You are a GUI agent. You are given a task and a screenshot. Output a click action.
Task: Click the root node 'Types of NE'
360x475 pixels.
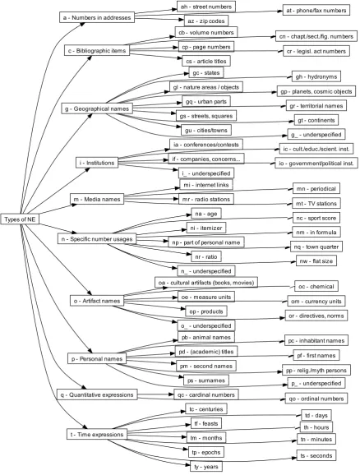pyautogui.click(x=20, y=219)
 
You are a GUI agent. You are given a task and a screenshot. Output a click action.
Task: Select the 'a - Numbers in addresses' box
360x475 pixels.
pyautogui.click(x=97, y=17)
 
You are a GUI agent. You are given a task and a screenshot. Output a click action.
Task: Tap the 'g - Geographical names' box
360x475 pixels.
pyautogui.click(x=97, y=108)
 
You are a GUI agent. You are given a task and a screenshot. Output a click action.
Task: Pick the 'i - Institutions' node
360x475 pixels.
pyautogui.click(x=97, y=163)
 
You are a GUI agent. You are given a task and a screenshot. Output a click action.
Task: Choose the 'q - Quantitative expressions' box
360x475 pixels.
pyautogui.click(x=97, y=394)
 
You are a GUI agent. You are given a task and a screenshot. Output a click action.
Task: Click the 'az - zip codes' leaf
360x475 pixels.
pyautogui.click(x=206, y=21)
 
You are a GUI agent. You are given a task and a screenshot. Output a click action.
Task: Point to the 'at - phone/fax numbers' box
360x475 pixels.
pyautogui.click(x=316, y=11)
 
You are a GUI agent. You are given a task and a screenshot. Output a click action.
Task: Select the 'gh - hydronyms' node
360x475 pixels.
pyautogui.click(x=316, y=76)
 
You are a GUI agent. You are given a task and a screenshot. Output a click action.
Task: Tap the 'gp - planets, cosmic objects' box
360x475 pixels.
pyautogui.click(x=316, y=91)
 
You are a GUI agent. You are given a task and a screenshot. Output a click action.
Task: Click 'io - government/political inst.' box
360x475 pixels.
pyautogui.click(x=316, y=164)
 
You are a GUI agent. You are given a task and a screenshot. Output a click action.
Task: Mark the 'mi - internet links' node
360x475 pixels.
pyautogui.click(x=206, y=185)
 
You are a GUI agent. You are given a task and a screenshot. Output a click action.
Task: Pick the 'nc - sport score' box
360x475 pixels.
pyautogui.click(x=316, y=218)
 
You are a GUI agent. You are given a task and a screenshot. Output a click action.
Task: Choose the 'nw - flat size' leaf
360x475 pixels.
pyautogui.click(x=316, y=261)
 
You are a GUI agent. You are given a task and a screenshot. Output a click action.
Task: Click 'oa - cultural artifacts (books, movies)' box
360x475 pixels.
pyautogui.click(x=206, y=283)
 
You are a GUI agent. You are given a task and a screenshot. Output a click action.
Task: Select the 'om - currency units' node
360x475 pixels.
pyautogui.click(x=316, y=301)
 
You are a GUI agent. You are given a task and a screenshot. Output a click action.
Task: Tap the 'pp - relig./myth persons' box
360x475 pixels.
pyautogui.click(x=316, y=370)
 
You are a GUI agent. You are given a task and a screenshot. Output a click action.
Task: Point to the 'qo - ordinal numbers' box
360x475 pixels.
pyautogui.click(x=316, y=399)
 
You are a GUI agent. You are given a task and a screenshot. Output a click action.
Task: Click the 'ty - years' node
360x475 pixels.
pyautogui.click(x=206, y=467)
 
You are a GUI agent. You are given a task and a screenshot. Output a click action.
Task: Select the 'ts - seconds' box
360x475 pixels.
pyautogui.click(x=316, y=455)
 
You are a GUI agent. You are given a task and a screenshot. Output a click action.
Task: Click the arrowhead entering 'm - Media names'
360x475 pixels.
pyautogui.click(x=74, y=205)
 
